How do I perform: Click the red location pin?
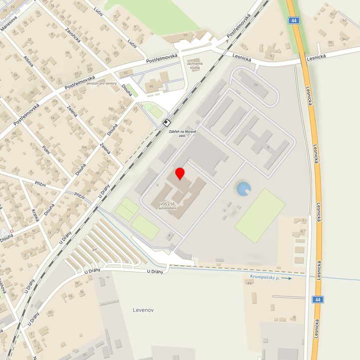(180, 174)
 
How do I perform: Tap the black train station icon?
(168, 122)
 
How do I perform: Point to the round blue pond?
(244, 189)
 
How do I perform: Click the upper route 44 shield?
(294, 20)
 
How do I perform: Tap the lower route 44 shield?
(317, 299)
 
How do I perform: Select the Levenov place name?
(144, 310)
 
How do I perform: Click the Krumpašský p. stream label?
(265, 276)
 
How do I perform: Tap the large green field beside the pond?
(260, 215)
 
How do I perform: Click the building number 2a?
(256, 85)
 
